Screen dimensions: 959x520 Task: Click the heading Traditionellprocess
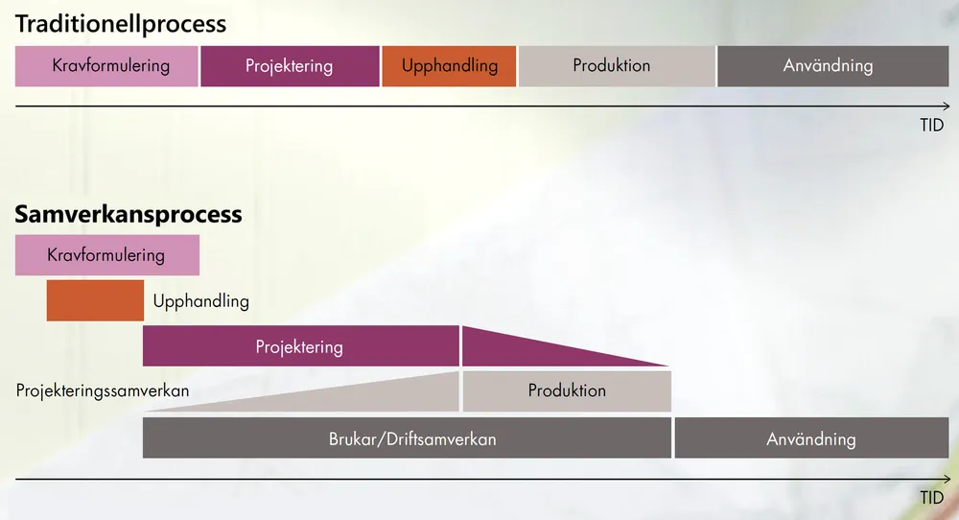(x=121, y=24)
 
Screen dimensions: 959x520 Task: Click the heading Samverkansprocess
(x=129, y=214)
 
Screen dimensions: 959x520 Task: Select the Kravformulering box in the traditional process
(x=106, y=66)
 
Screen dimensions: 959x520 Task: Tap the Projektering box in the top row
(x=290, y=66)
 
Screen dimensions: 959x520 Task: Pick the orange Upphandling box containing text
(x=449, y=66)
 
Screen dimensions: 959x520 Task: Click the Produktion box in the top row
(x=617, y=66)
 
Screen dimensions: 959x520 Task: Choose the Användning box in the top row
(x=833, y=66)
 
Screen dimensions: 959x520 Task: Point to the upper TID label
(x=932, y=125)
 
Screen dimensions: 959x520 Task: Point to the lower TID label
(x=932, y=498)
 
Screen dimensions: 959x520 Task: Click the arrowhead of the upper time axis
(x=948, y=106)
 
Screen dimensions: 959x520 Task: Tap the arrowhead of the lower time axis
(x=948, y=479)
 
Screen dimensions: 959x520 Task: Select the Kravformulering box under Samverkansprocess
(x=107, y=255)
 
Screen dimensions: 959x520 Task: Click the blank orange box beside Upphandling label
(x=95, y=300)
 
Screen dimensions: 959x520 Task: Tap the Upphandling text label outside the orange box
(x=201, y=301)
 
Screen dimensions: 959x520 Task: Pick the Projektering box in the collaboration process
(x=301, y=346)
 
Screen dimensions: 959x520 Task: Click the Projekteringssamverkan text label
(x=103, y=390)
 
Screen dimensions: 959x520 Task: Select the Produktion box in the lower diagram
(x=567, y=390)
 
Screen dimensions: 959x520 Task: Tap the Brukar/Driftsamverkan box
(x=407, y=438)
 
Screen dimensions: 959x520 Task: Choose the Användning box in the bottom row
(x=811, y=438)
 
